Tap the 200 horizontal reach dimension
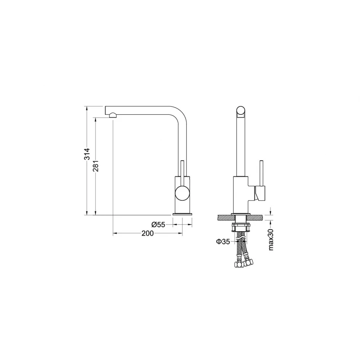click(148, 234)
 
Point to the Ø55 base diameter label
click(158, 225)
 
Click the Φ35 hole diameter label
click(223, 241)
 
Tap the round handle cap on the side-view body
click(182, 193)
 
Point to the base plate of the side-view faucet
click(182, 214)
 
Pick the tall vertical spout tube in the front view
click(241, 148)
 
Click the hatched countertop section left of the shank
click(226, 217)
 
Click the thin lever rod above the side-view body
click(182, 167)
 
